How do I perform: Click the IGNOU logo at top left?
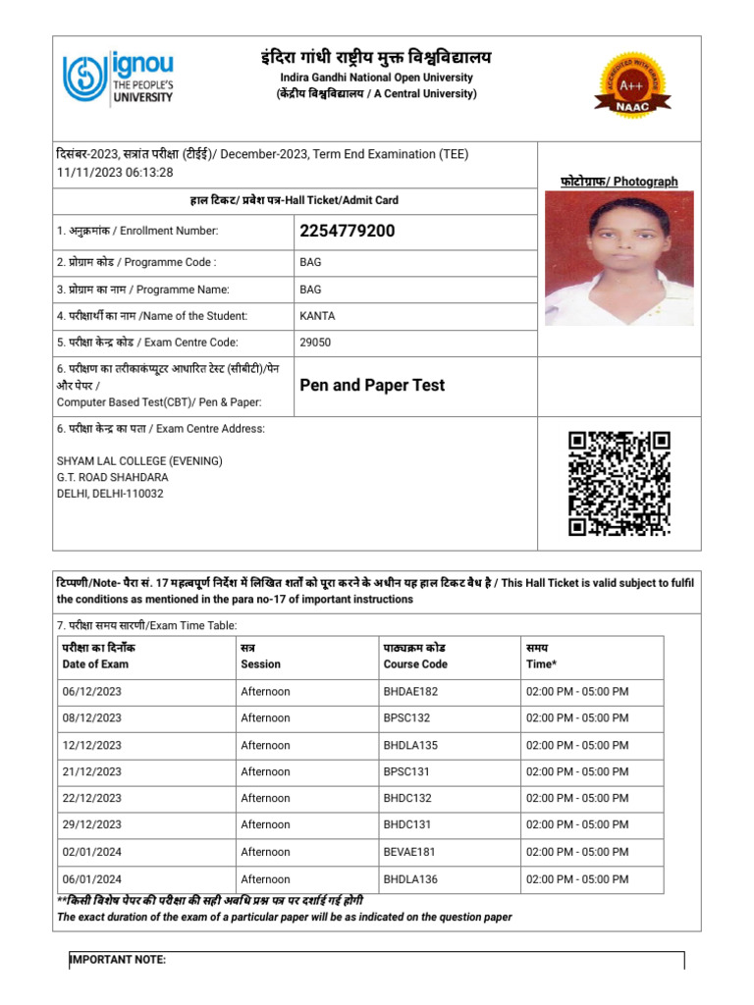[118, 79]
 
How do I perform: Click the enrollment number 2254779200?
[347, 232]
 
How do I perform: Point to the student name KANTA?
[317, 316]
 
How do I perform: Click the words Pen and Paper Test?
[371, 385]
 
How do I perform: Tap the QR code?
[619, 484]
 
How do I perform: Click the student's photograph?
[619, 258]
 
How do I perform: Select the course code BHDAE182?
[410, 692]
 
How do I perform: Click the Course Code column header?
[415, 664]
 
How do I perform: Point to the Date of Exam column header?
[95, 664]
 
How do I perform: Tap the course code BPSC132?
[407, 718]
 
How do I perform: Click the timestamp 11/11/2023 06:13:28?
[115, 172]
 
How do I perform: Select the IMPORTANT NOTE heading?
[118, 960]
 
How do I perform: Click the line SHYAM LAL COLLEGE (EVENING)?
[139, 461]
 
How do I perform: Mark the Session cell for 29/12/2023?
[265, 825]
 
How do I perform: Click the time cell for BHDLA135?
[577, 745]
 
